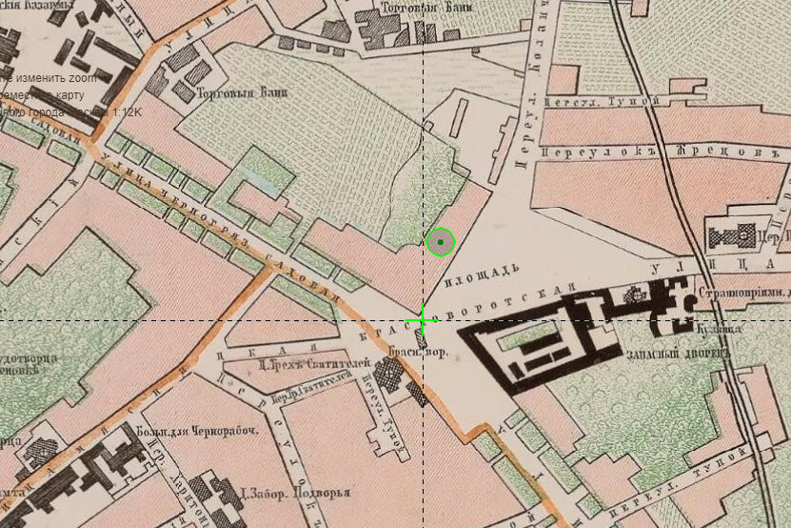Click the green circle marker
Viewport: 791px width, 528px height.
(x=441, y=244)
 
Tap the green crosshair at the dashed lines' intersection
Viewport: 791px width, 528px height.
(x=423, y=320)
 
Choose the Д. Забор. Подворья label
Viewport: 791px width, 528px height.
(x=296, y=495)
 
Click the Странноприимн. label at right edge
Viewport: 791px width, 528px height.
(x=744, y=294)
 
